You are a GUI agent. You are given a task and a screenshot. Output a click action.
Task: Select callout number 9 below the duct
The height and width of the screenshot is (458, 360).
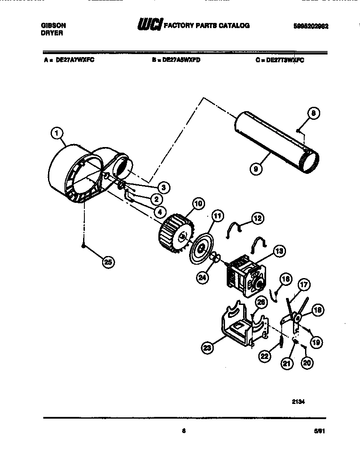click(257, 169)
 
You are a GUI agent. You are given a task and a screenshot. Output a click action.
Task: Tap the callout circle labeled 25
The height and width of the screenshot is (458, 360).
click(109, 262)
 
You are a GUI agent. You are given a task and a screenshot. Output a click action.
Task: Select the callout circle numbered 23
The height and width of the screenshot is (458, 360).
click(208, 346)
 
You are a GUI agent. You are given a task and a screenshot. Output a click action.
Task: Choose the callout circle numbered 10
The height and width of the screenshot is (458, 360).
click(198, 204)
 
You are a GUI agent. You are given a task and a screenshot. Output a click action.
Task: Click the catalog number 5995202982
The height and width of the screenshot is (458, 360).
click(311, 26)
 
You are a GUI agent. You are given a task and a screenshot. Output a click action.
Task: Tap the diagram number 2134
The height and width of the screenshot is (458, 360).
click(298, 401)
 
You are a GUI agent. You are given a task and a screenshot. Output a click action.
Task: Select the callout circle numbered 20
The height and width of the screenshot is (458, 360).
click(307, 364)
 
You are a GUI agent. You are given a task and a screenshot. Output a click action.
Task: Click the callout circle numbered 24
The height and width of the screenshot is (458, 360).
click(202, 278)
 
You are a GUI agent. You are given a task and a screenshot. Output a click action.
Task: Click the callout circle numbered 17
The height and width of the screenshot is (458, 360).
click(304, 285)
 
